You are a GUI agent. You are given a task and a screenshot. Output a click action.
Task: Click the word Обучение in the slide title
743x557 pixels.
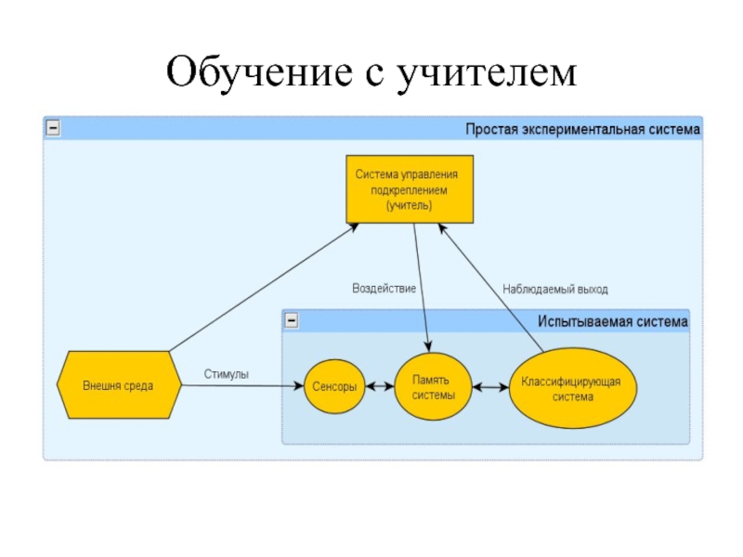pyautogui.click(x=259, y=72)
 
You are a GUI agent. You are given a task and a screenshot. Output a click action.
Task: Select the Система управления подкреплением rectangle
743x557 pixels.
pyautogui.click(x=410, y=189)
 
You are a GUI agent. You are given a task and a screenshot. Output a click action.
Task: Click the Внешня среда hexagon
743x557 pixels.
pyautogui.click(x=119, y=385)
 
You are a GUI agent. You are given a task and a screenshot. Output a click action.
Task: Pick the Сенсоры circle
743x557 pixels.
pyautogui.click(x=334, y=386)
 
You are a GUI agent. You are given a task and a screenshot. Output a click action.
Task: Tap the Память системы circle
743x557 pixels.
pyautogui.click(x=433, y=387)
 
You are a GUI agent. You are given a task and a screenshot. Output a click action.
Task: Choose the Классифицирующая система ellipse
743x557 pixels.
pyautogui.click(x=573, y=388)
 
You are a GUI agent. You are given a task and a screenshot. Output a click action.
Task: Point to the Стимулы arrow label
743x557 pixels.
pyautogui.click(x=226, y=374)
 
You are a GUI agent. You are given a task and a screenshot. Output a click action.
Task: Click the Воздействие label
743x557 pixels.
pyautogui.click(x=384, y=289)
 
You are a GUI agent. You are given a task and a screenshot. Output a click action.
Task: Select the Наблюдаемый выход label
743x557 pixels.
pyautogui.click(x=554, y=289)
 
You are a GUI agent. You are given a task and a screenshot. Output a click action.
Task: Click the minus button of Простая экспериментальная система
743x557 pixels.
pyautogui.click(x=53, y=128)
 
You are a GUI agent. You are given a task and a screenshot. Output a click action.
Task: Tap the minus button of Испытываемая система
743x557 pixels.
pyautogui.click(x=292, y=320)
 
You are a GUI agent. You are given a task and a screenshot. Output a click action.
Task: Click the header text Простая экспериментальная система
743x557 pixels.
pyautogui.click(x=582, y=129)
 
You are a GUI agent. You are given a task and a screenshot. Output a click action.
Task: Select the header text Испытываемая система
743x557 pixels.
pyautogui.click(x=613, y=321)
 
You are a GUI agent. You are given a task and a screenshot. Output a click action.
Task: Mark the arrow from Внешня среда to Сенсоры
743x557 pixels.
pyautogui.click(x=242, y=385)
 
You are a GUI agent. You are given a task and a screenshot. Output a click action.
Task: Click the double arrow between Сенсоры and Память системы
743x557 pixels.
pyautogui.click(x=380, y=387)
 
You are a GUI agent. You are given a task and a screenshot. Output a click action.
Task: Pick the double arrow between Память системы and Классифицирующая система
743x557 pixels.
pyautogui.click(x=491, y=387)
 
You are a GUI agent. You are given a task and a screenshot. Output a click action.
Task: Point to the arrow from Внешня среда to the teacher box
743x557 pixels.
pyautogui.click(x=264, y=287)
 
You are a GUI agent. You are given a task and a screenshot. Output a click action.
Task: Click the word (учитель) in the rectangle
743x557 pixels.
pyautogui.click(x=409, y=205)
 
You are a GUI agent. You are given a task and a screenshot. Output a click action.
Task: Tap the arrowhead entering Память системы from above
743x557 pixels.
pyautogui.click(x=428, y=346)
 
